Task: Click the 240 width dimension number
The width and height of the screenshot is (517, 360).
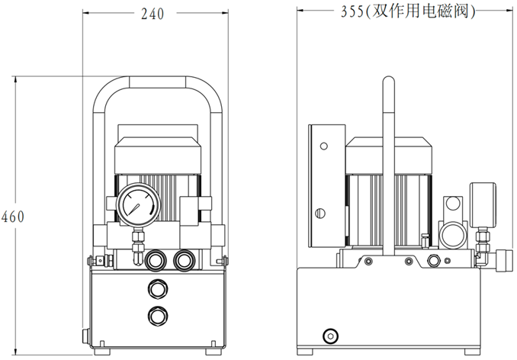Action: pos(153,14)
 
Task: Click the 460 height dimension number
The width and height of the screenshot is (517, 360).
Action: pos(12,217)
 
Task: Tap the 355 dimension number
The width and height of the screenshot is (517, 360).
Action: pos(352,12)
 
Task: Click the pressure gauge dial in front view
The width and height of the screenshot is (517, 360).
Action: pos(139,204)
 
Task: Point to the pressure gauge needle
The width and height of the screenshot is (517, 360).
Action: pos(134,209)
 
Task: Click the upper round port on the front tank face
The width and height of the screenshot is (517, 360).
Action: pos(158,289)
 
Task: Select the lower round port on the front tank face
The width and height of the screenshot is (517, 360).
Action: pos(158,316)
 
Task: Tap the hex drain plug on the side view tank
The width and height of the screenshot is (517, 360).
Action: pos(331,336)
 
